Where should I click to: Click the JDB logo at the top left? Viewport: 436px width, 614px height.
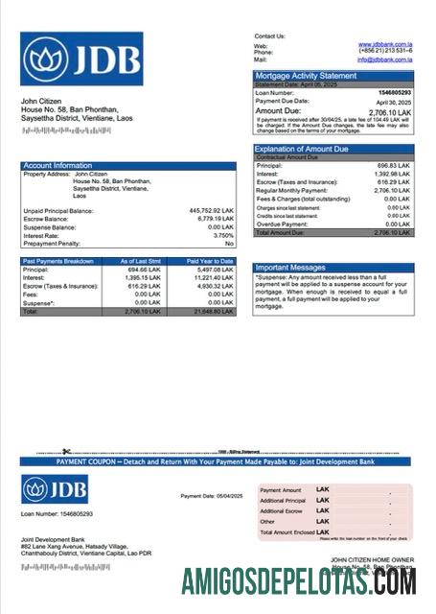pyautogui.click(x=81, y=59)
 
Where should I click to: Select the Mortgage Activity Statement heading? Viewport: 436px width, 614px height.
pyautogui.click(x=305, y=75)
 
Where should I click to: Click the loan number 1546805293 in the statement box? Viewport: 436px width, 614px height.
pyautogui.click(x=394, y=92)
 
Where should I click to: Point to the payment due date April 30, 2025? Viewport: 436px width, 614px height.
pyautogui.click(x=393, y=101)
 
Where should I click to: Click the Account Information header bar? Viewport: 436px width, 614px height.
pyautogui.click(x=128, y=165)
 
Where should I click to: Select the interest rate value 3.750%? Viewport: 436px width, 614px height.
pyautogui.click(x=223, y=235)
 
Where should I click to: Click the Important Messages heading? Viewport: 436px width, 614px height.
pyautogui.click(x=292, y=268)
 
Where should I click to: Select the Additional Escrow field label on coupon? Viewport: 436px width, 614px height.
pyautogui.click(x=283, y=511)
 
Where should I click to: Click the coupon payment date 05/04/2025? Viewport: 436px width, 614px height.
pyautogui.click(x=225, y=496)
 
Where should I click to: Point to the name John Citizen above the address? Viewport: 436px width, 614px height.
pyautogui.click(x=41, y=101)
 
